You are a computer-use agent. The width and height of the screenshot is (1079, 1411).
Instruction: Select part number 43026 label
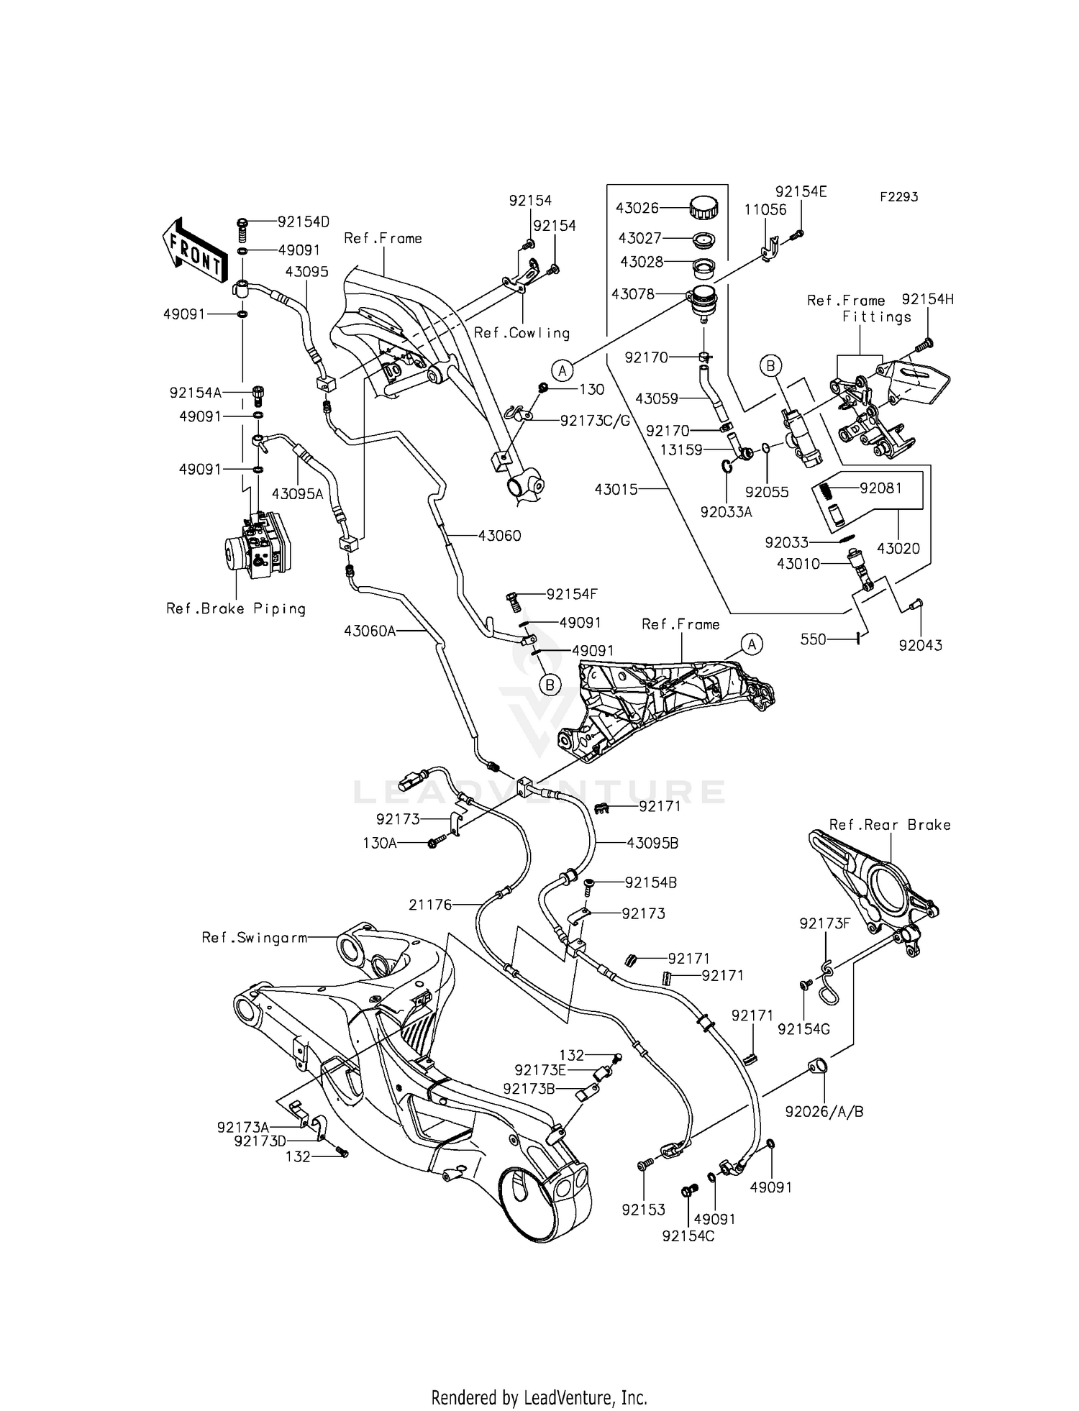(637, 209)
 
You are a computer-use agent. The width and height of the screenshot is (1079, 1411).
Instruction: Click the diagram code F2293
(898, 196)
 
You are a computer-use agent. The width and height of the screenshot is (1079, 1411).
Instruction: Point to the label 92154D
(304, 222)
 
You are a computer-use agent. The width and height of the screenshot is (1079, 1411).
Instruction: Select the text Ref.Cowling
(522, 333)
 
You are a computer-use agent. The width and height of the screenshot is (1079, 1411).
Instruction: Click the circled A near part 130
(563, 370)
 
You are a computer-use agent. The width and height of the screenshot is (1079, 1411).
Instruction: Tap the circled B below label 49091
(550, 685)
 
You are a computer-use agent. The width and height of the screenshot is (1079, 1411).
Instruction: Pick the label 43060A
(370, 631)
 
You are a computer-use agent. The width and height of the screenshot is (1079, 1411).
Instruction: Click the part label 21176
(430, 905)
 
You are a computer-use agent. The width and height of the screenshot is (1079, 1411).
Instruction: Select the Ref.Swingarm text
(255, 938)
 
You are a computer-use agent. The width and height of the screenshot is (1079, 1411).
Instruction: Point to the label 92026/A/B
(824, 1111)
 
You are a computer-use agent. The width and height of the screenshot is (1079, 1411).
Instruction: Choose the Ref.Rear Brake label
(890, 825)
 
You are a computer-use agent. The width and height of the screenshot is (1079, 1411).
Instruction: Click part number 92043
(920, 645)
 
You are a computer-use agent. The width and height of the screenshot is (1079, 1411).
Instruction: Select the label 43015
(616, 489)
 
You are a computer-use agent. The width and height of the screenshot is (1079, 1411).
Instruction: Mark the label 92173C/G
(595, 421)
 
